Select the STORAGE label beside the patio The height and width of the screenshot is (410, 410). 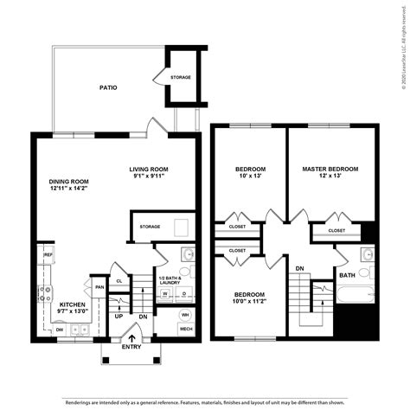(181, 77)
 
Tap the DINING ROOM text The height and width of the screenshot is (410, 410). (69, 181)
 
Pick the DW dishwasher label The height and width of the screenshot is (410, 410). (59, 330)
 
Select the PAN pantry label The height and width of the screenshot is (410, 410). (100, 287)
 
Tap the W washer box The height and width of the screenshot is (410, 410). (164, 293)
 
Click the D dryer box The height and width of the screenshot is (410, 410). (183, 293)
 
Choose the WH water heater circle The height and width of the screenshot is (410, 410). (185, 314)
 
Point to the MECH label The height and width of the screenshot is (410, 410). (185, 330)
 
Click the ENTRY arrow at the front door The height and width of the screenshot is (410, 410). (131, 339)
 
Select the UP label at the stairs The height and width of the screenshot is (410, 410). (119, 316)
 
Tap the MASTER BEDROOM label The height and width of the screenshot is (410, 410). (330, 169)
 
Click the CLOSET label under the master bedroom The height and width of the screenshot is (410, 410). (337, 231)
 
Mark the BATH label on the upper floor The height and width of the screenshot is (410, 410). (347, 275)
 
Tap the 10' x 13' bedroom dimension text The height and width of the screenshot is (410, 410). (250, 176)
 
